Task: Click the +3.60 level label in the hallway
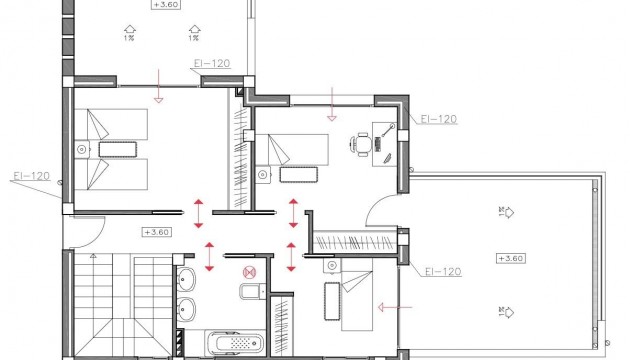(156, 232)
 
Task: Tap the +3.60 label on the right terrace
(508, 258)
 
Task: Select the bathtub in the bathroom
(232, 342)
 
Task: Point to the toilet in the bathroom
(250, 293)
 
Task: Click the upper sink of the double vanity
(188, 277)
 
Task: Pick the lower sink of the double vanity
(188, 309)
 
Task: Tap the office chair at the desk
(359, 146)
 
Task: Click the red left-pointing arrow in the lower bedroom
(389, 307)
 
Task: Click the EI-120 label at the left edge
(31, 176)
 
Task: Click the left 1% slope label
(130, 40)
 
